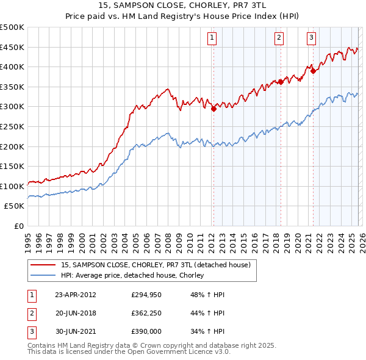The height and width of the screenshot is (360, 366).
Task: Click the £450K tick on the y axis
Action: pos(12,47)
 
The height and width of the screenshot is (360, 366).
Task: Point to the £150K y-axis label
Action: pos(12,166)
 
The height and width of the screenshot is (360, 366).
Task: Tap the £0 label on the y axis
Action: pos(18,226)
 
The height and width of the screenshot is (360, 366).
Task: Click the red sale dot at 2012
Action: pos(213,109)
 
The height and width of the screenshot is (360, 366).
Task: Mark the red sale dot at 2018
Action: pos(281,82)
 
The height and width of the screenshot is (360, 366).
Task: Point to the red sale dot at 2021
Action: pos(313,71)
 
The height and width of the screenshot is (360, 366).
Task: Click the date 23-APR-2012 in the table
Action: pos(76,294)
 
